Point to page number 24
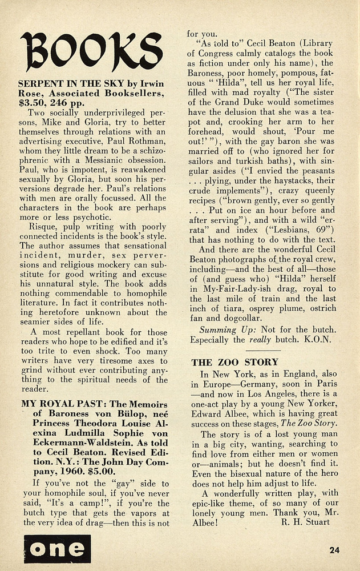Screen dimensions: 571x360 334,550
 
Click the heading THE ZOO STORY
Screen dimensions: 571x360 235,362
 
